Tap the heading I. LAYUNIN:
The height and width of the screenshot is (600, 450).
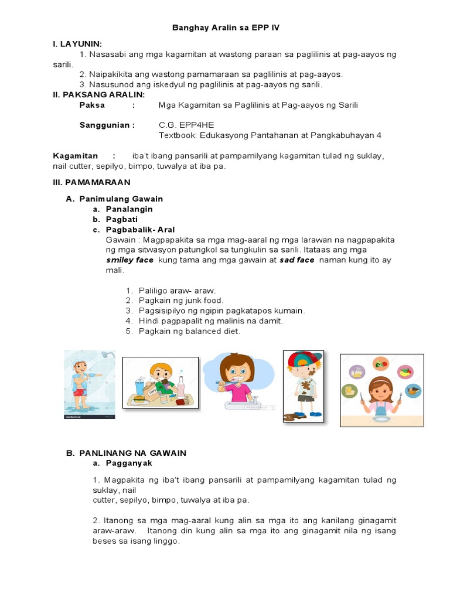coord(77,44)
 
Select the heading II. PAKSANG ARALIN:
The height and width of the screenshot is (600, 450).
coord(99,94)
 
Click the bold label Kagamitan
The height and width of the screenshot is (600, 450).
coord(76,155)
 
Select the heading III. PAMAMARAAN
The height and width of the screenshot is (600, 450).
coord(91,182)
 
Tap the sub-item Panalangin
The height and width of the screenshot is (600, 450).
coord(129,209)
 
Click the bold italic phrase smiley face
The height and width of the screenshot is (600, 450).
coord(129,260)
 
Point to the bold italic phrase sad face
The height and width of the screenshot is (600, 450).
coord(296,260)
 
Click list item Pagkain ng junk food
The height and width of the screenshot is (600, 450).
coord(181,301)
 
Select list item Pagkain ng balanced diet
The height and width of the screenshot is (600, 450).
coord(189,331)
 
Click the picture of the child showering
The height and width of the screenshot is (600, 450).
coord(89,384)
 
